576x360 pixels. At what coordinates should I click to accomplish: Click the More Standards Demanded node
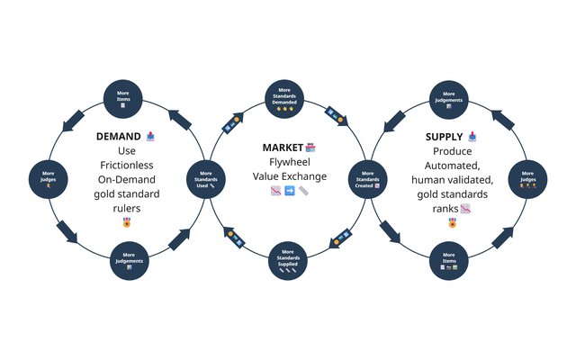pyautogui.click(x=287, y=97)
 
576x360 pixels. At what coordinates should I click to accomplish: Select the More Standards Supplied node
pyautogui.click(x=287, y=262)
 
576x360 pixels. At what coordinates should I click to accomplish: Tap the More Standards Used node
pyautogui.click(x=206, y=178)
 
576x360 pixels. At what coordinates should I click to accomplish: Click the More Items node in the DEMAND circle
pyautogui.click(x=123, y=97)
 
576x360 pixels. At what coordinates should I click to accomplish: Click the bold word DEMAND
pyautogui.click(x=118, y=138)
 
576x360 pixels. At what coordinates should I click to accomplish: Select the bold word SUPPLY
pyautogui.click(x=444, y=138)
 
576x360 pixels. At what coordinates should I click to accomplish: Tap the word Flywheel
pyautogui.click(x=289, y=162)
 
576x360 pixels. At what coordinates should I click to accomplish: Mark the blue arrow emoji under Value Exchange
pyautogui.click(x=289, y=192)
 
